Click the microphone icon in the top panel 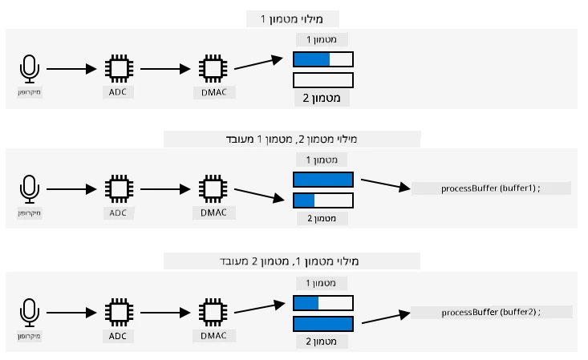pyautogui.click(x=29, y=69)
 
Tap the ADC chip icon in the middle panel pyautogui.click(x=119, y=188)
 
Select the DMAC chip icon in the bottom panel pyautogui.click(x=213, y=313)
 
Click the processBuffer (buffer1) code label pyautogui.click(x=490, y=188)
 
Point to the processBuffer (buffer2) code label pyautogui.click(x=491, y=312)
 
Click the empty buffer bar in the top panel pyautogui.click(x=323, y=80)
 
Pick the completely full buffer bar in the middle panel pyautogui.click(x=323, y=180)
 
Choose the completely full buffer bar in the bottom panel pyautogui.click(x=323, y=324)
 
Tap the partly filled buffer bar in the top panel pyautogui.click(x=323, y=59)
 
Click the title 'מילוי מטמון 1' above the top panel pyautogui.click(x=292, y=18)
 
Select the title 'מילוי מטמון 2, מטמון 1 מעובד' pyautogui.click(x=291, y=140)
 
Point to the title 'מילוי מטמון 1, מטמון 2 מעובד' pyautogui.click(x=289, y=261)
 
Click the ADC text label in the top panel pyautogui.click(x=118, y=92)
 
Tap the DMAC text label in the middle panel pyautogui.click(x=213, y=212)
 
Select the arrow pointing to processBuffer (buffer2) pyautogui.click(x=386, y=318)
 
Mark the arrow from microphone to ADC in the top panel pyautogui.click(x=71, y=69)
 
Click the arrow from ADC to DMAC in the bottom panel pyautogui.click(x=165, y=313)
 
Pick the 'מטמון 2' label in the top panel pyautogui.click(x=322, y=98)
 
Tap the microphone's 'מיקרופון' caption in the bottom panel pyautogui.click(x=29, y=336)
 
